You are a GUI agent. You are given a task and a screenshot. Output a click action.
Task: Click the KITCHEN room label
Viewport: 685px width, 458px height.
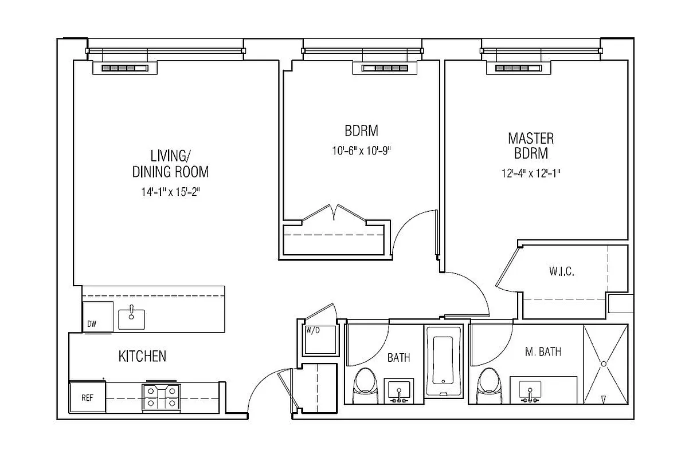[x=142, y=357]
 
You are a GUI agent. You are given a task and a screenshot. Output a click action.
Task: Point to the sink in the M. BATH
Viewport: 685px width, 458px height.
[x=531, y=391]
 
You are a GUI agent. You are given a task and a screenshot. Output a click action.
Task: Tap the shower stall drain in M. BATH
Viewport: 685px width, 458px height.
[x=604, y=364]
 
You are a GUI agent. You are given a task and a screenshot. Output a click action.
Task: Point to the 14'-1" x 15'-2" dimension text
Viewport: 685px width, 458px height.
[x=170, y=192]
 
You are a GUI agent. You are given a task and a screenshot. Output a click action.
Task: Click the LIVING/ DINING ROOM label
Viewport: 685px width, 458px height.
[x=170, y=163]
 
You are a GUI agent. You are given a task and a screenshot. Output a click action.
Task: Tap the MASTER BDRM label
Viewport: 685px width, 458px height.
[x=531, y=145]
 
